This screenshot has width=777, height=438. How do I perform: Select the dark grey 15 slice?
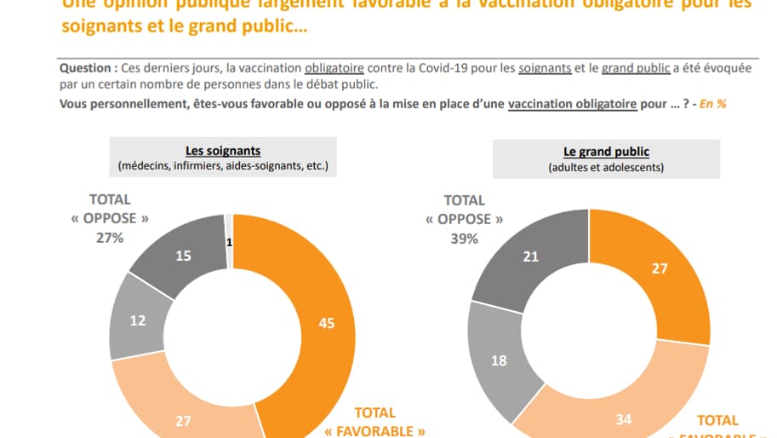pos(183,256)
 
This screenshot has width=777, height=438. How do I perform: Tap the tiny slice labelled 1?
pos(229,242)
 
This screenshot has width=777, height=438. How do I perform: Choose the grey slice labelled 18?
pos(500,360)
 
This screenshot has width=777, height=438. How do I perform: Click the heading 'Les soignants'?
pos(223,151)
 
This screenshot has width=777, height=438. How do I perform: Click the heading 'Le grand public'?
pos(606,152)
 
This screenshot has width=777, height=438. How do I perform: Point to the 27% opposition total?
pos(110,238)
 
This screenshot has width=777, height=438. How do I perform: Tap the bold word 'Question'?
pos(85,67)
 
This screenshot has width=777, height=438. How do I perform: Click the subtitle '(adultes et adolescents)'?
pos(606,168)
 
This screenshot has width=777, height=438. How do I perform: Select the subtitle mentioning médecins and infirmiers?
pos(223,166)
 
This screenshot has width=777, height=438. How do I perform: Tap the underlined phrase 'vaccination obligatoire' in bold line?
pos(572,103)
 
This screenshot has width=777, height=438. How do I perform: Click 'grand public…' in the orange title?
pos(256,26)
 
